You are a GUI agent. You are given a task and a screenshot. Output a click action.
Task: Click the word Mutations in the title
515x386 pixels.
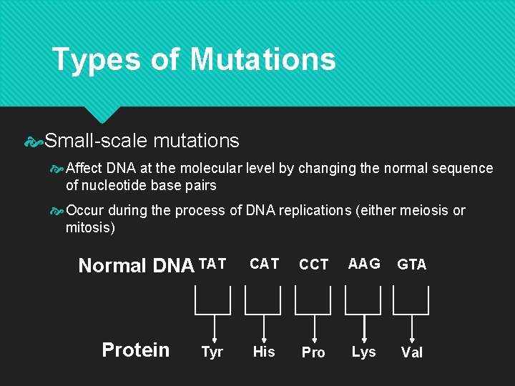coord(263,59)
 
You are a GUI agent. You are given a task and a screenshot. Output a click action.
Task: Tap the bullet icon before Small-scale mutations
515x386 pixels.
coord(34,142)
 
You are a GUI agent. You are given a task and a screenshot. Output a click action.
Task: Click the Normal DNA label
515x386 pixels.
coord(136,266)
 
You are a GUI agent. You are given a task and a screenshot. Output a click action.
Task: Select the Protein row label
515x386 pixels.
coord(136,350)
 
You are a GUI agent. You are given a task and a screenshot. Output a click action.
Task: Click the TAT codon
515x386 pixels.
coord(212,264)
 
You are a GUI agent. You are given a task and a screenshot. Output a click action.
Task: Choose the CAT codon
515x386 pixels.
coord(264,264)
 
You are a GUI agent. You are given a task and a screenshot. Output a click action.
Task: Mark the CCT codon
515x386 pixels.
coord(313,264)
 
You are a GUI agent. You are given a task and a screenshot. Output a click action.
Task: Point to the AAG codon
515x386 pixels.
coord(364,264)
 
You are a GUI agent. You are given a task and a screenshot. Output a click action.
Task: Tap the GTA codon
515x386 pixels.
coord(412,264)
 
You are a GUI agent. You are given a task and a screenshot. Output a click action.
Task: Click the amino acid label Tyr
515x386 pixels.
coord(212,352)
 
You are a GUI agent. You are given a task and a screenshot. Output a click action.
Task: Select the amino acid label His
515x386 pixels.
coord(264,352)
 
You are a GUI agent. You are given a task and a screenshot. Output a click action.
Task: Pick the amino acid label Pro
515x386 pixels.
coord(313,352)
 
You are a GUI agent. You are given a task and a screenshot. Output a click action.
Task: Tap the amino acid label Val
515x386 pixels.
coord(412,352)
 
